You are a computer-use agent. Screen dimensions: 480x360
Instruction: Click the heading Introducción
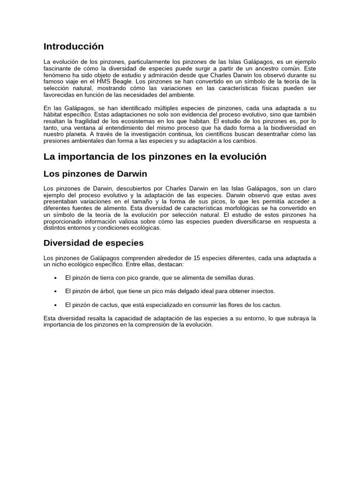point(74,46)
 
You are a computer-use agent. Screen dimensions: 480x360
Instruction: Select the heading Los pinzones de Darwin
point(95,174)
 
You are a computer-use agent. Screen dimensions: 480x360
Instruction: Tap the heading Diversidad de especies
point(93,243)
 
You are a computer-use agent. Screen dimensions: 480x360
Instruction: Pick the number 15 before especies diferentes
point(193,258)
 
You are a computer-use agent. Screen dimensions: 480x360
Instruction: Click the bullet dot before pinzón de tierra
point(56,278)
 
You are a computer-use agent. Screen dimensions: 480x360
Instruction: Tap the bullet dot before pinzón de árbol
point(56,292)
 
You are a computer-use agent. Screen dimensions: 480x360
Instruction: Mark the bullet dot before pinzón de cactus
point(56,305)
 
